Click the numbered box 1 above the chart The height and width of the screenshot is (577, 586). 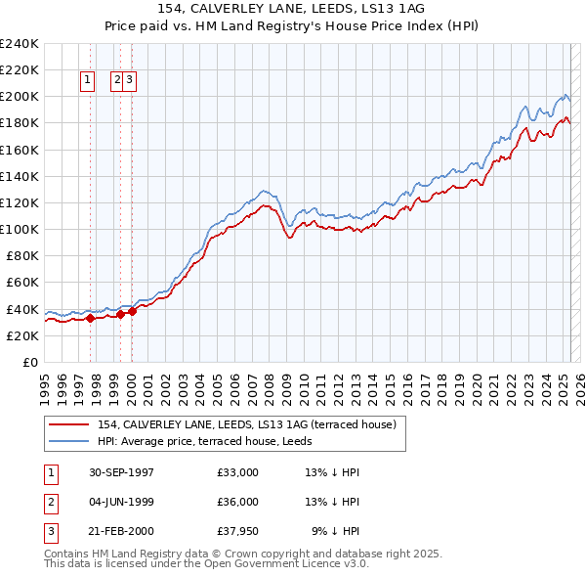coord(87,81)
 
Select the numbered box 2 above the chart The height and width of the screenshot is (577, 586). coord(118,81)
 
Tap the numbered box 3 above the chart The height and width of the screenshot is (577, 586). coord(130,81)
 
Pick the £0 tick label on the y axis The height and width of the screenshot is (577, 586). coord(30,362)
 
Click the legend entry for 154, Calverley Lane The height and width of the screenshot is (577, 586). coord(246,424)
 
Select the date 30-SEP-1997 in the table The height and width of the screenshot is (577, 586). coord(120,472)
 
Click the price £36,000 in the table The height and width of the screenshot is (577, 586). coord(238,502)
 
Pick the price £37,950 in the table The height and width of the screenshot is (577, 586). coord(238,531)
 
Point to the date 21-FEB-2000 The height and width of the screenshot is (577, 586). coord(120,531)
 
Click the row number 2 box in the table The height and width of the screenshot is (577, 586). coord(49,502)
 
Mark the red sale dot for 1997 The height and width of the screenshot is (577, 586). coord(90,318)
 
